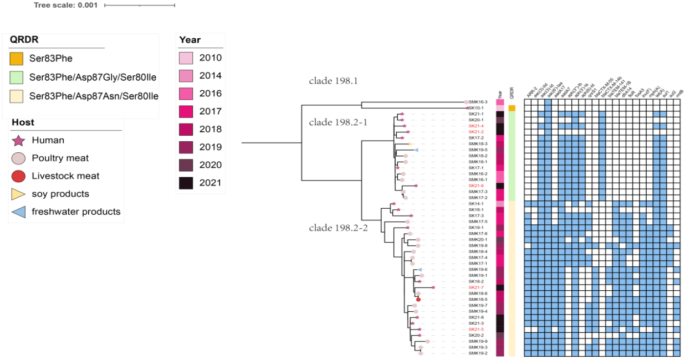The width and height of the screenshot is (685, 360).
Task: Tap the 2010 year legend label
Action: [x=210, y=58]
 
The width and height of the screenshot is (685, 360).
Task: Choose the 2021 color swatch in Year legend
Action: [x=185, y=183]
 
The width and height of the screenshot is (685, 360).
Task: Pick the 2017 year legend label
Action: [x=210, y=111]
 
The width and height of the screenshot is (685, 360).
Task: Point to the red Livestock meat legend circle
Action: [x=18, y=176]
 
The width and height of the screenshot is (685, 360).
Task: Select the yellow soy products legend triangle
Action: [x=18, y=194]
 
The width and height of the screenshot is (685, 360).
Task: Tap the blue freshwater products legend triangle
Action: [x=18, y=212]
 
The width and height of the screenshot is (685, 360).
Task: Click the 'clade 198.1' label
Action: [x=333, y=81]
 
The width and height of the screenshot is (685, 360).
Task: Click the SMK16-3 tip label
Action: [x=478, y=102]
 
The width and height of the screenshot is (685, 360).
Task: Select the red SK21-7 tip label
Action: [x=476, y=287]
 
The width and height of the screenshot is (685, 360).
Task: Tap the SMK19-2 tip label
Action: [x=478, y=353]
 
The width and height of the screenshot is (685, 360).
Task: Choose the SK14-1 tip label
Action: [x=476, y=204]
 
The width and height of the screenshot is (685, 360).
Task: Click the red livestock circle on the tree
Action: [x=418, y=300]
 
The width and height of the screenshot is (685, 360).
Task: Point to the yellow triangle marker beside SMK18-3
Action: [x=411, y=144]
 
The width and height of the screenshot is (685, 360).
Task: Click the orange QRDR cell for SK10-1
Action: [x=512, y=108]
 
